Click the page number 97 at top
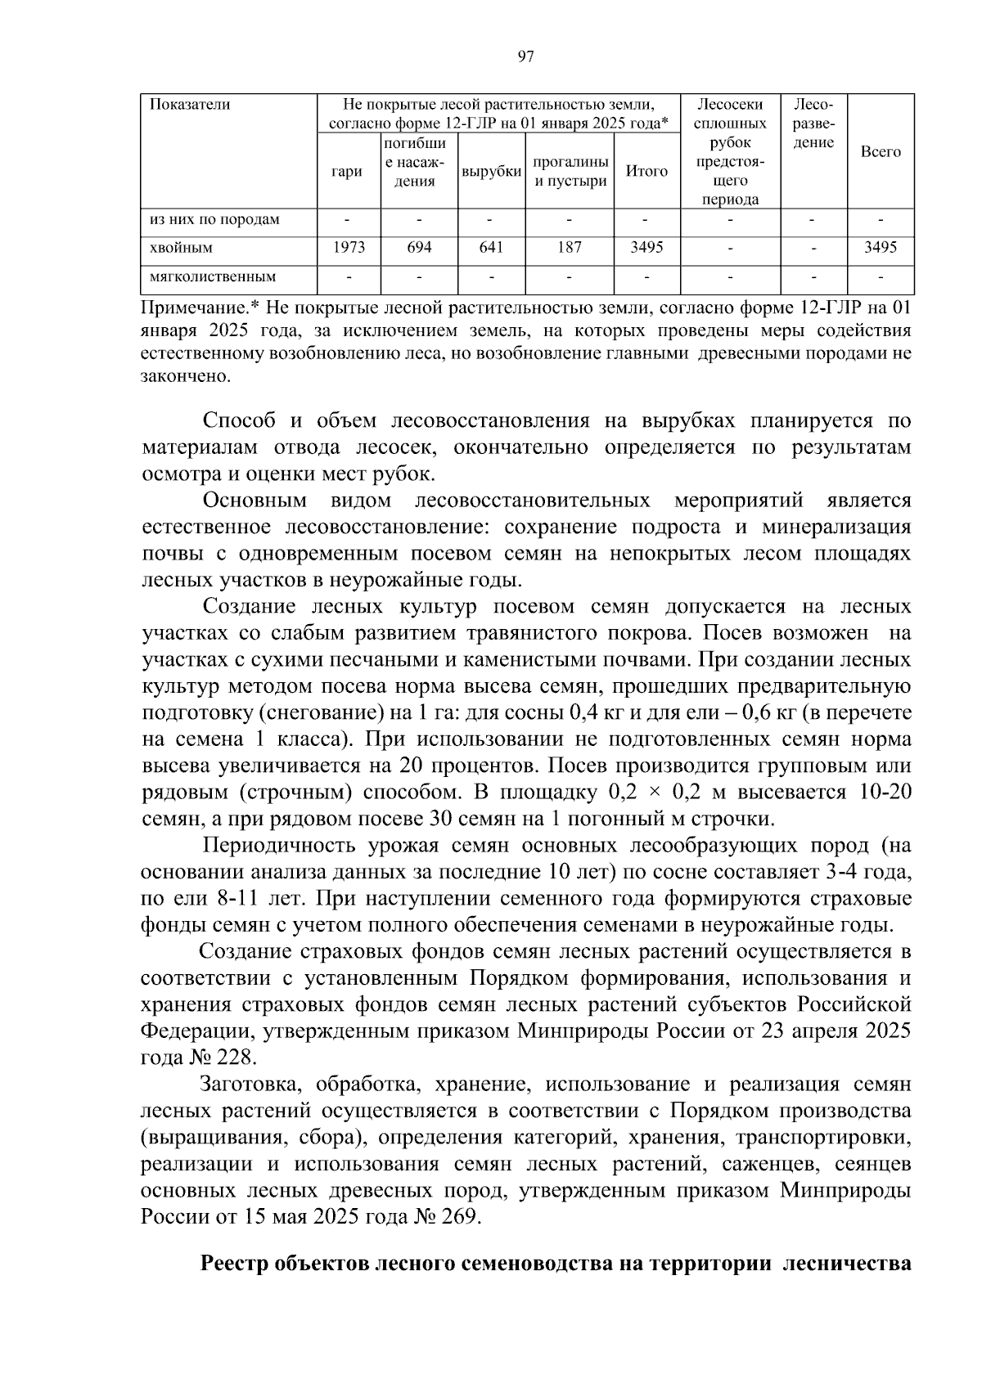click(526, 56)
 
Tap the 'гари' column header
click(348, 172)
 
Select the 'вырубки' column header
click(491, 172)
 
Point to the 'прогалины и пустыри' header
click(570, 172)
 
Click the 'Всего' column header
click(881, 152)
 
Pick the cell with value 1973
click(349, 248)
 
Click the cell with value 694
click(419, 248)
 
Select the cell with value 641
click(491, 248)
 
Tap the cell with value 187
click(570, 248)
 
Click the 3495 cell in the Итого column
click(646, 248)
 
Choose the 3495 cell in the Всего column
click(881, 248)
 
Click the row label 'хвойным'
click(181, 248)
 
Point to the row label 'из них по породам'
click(214, 220)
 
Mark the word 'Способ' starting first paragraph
click(238, 421)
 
